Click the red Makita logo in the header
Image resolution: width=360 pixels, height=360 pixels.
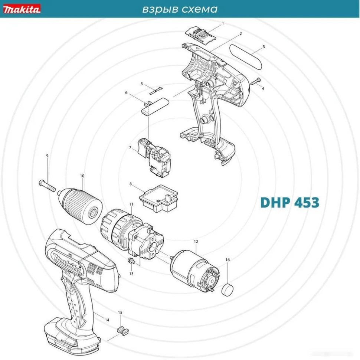tap(22, 9)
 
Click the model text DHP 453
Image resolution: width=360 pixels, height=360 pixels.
tap(289, 203)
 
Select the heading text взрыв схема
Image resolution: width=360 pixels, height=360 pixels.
tap(180, 9)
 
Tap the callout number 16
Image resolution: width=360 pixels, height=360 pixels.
tap(228, 260)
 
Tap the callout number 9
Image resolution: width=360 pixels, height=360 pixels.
tap(47, 156)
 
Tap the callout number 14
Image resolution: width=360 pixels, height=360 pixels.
tap(107, 320)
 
